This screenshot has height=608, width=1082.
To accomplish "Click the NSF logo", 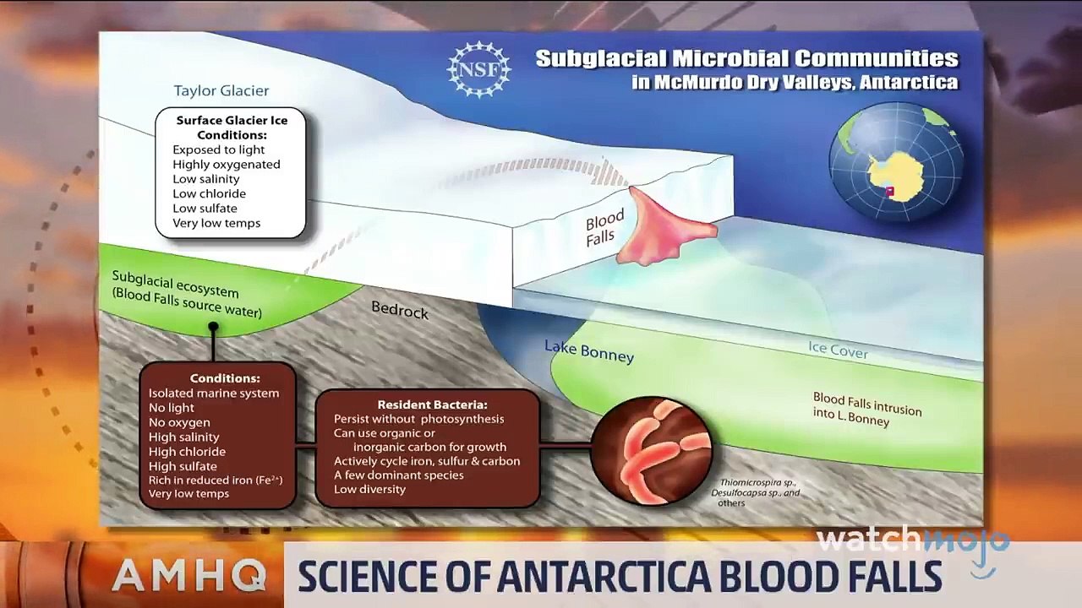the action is (478, 69).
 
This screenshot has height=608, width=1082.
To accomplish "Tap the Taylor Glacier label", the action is (221, 90).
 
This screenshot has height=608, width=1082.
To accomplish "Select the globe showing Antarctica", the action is (896, 162).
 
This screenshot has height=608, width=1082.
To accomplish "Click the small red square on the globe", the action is (890, 192).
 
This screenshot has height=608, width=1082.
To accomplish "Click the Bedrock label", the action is (400, 310).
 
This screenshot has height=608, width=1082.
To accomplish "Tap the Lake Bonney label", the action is (589, 350).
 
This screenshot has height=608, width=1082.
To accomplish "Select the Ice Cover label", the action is (838, 350).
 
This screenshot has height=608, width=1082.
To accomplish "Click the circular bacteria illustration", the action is (652, 451).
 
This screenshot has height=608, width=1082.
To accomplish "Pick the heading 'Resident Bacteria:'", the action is (432, 404).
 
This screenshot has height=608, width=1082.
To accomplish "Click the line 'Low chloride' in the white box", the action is (209, 193).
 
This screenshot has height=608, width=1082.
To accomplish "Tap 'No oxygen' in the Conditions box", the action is (179, 422).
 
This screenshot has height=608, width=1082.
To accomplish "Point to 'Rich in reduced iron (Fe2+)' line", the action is (216, 480).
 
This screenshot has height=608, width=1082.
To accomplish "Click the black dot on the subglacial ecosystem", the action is (213, 327).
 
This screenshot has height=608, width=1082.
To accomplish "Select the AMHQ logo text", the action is (189, 576).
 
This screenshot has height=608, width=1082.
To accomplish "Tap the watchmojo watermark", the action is (913, 545).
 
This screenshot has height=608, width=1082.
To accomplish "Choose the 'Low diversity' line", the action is (369, 489).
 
